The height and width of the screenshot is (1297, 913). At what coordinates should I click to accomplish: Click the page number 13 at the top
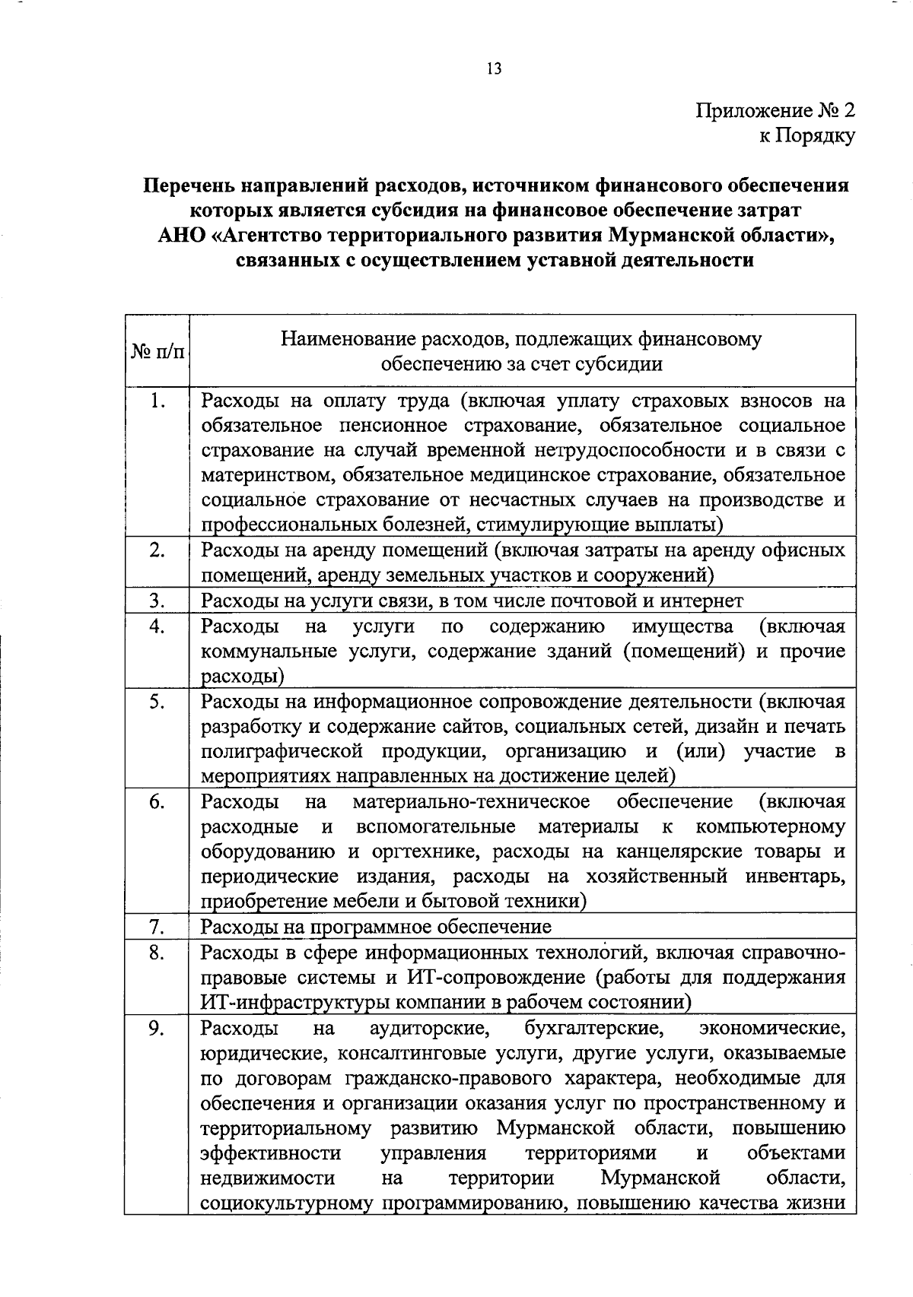(x=494, y=69)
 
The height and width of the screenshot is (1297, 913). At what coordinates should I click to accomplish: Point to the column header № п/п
(x=157, y=352)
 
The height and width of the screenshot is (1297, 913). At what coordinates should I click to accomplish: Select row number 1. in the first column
(x=157, y=400)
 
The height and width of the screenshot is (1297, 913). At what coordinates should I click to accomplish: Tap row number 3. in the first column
(x=157, y=601)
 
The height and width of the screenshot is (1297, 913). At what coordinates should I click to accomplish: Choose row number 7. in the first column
(x=157, y=926)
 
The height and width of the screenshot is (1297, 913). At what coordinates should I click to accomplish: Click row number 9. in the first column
(x=157, y=1029)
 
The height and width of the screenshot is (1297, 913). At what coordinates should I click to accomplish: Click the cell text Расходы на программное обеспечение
(x=376, y=927)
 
